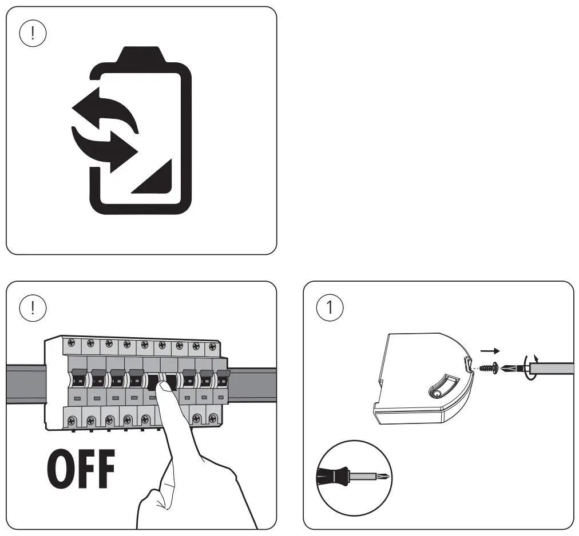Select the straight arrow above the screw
(490, 350)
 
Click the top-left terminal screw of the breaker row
(71, 344)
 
